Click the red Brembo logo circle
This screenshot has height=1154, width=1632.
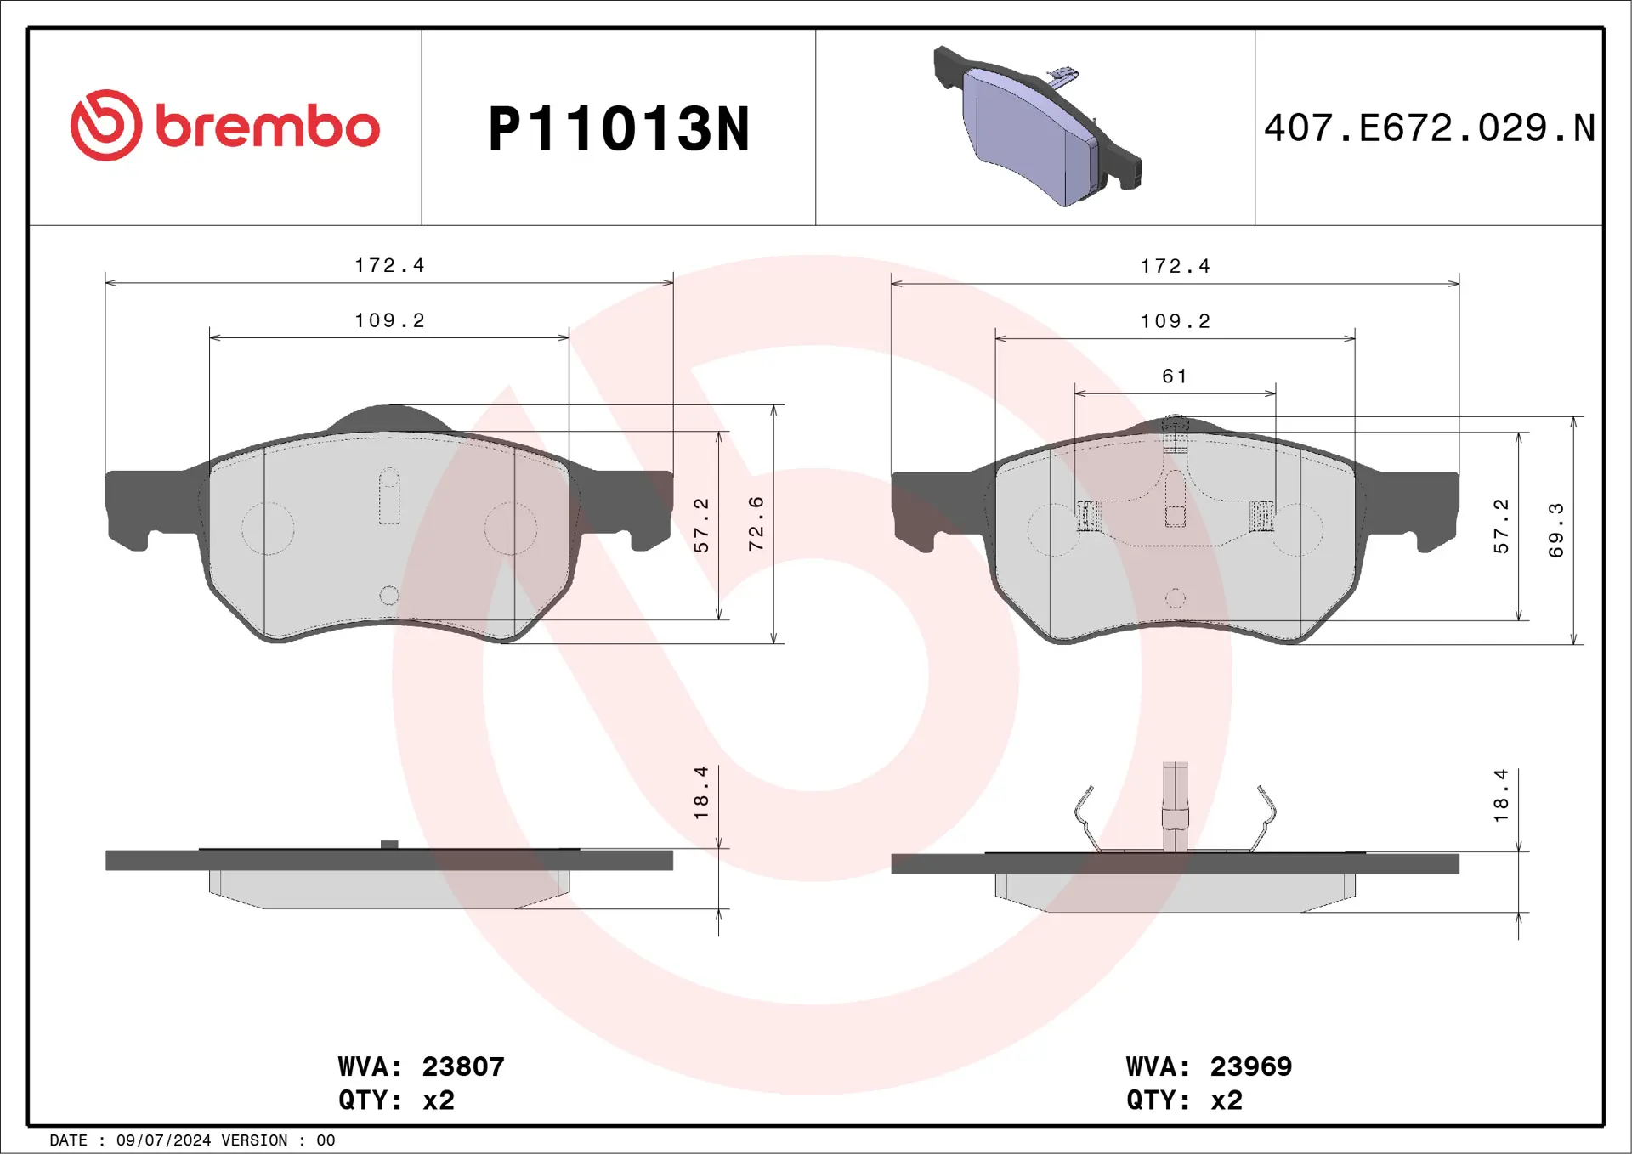coord(106,125)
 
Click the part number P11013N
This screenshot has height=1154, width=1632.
coord(619,129)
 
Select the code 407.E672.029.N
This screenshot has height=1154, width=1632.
coord(1429,128)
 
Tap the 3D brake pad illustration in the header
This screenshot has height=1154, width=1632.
coord(1037,126)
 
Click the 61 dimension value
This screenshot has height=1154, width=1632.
coord(1175,376)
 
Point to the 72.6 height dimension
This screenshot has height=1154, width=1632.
coord(756,523)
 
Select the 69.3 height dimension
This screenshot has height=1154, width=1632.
coord(1555,530)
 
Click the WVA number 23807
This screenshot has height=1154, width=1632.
coord(463,1066)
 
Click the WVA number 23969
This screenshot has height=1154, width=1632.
coord(1250,1066)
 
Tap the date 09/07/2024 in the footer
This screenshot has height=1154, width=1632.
coord(163,1140)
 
